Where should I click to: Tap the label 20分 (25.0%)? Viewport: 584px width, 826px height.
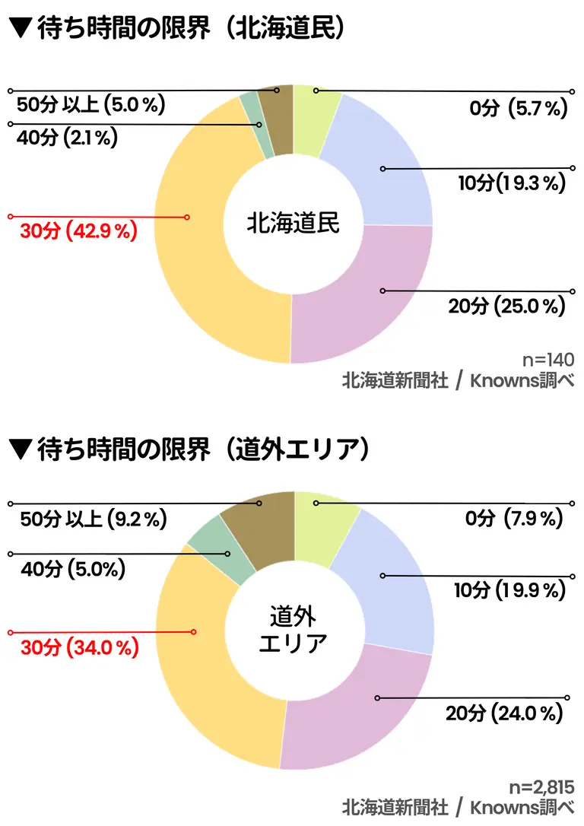(x=507, y=307)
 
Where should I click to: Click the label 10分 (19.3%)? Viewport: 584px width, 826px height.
(x=513, y=183)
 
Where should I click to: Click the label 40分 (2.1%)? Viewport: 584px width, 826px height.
(x=67, y=139)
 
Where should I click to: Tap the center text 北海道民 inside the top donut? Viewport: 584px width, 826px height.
(x=293, y=224)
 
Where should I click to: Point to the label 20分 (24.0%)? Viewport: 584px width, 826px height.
(x=504, y=714)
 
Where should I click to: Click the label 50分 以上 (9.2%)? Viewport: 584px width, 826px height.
(x=93, y=519)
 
